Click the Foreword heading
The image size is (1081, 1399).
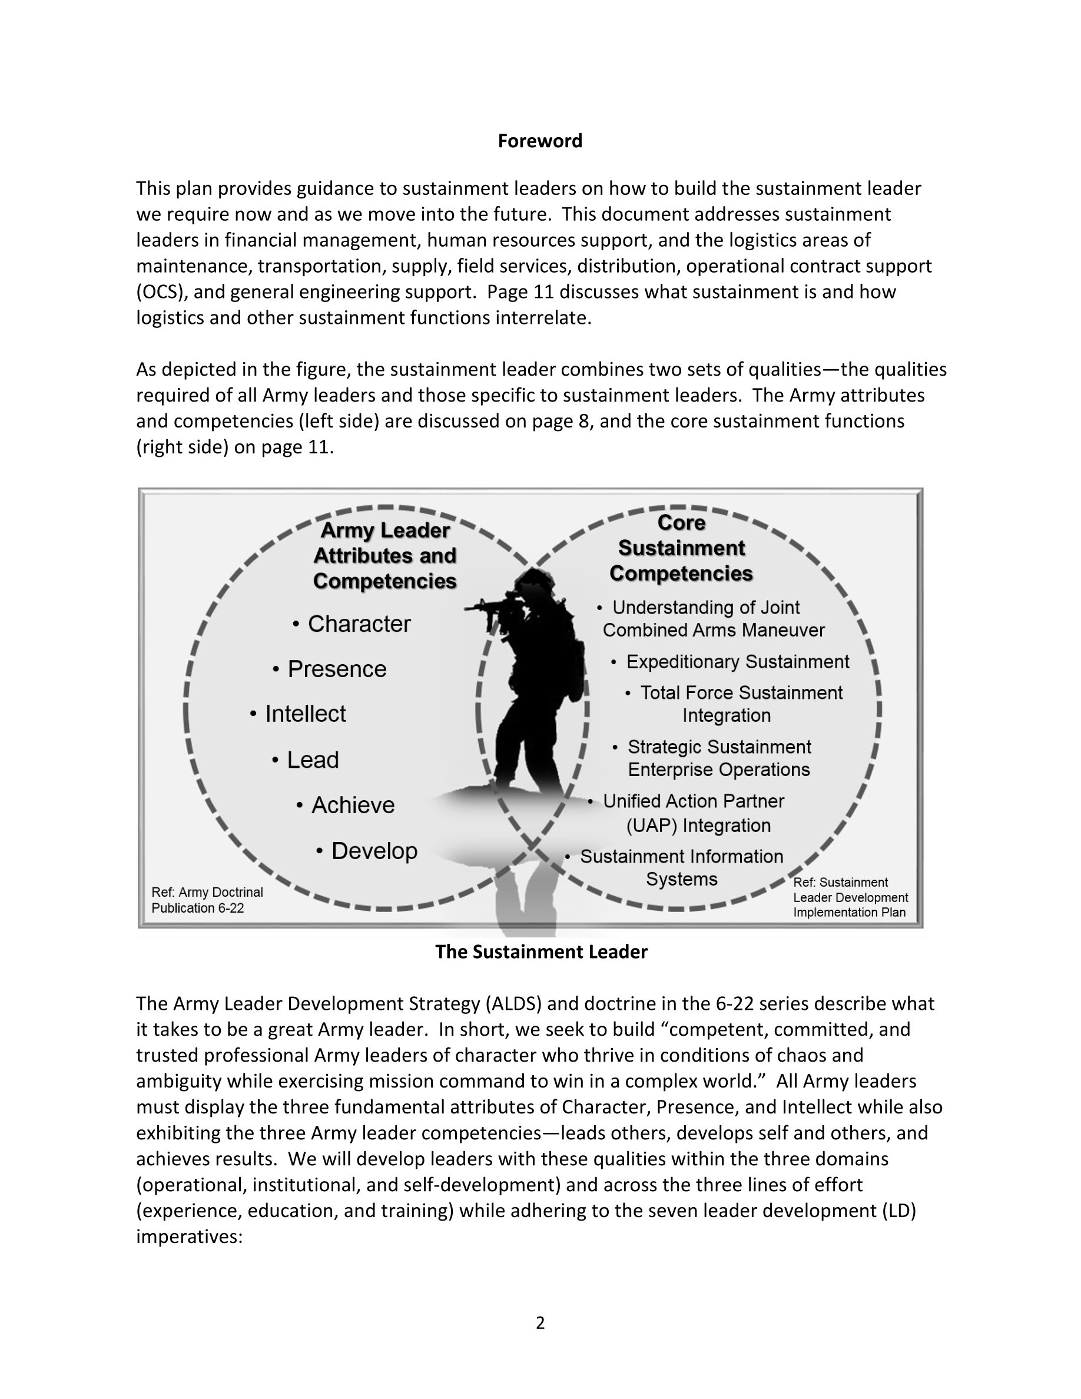540,141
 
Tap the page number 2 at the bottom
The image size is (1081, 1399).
540,1323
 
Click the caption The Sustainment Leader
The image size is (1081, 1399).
541,952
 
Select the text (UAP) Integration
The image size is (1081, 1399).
698,825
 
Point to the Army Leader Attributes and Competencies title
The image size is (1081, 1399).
385,555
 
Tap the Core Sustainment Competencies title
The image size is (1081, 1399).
681,548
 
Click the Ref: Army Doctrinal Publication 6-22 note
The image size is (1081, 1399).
207,900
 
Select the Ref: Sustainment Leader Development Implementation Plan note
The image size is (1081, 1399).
850,897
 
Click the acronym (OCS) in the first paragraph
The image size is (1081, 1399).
161,292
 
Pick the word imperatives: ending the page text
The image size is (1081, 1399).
189,1236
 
